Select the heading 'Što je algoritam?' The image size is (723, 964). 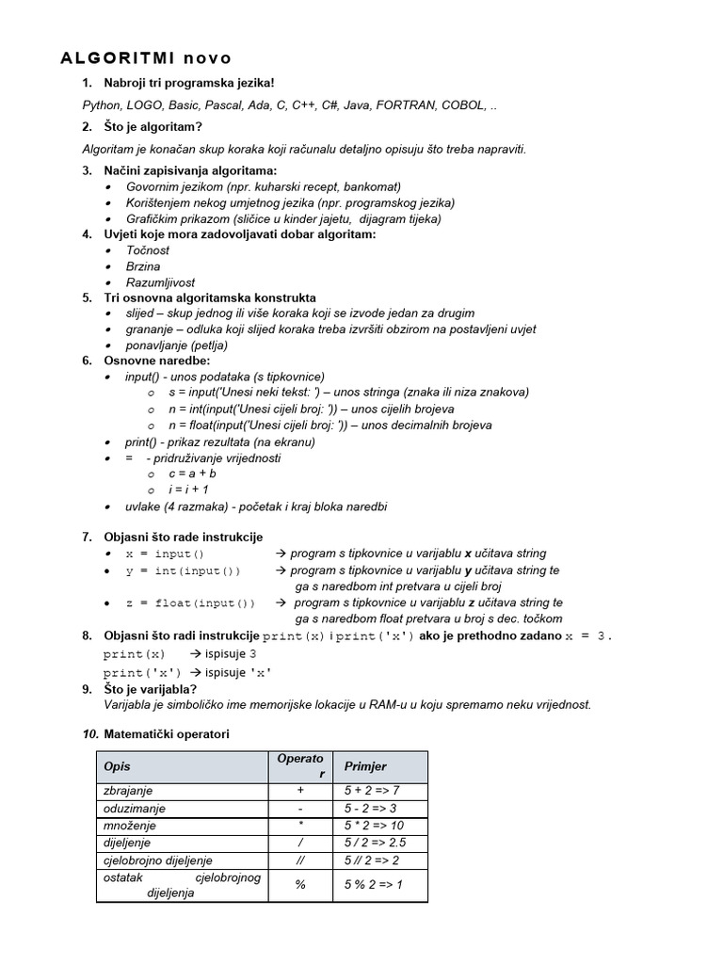coord(153,127)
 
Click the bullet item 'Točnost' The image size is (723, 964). coord(149,250)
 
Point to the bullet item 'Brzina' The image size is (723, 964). coord(143,266)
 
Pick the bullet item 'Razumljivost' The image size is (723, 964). coord(160,282)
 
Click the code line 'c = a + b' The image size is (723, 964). coord(192,474)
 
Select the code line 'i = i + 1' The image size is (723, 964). coord(188,490)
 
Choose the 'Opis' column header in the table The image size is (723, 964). coord(118,766)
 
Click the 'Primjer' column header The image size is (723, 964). coord(365,766)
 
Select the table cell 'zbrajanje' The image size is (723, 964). coord(128,791)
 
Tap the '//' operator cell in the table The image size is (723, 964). coord(300,860)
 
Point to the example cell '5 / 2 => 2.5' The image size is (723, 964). coord(375,843)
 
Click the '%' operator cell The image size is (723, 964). coord(300,885)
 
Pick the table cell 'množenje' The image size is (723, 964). coord(126,826)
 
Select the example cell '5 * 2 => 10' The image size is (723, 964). coord(374,826)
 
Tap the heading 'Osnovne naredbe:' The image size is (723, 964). coord(157,361)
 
